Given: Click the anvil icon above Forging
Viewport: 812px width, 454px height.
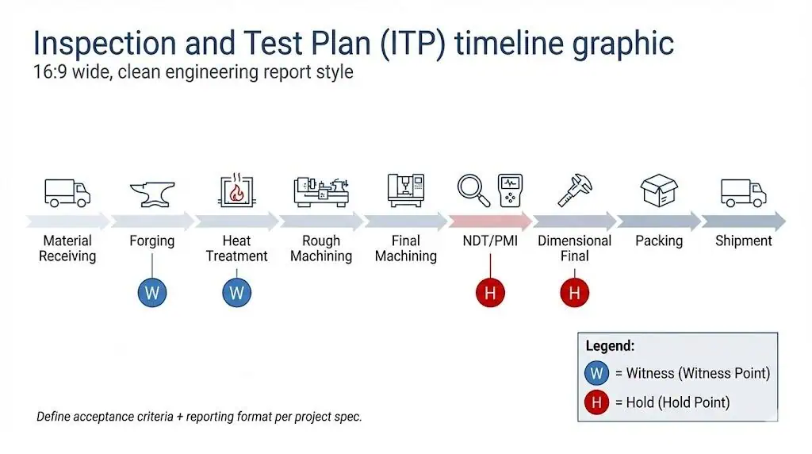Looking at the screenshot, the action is (x=152, y=194).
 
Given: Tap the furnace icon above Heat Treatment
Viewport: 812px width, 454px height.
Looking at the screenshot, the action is (x=236, y=190).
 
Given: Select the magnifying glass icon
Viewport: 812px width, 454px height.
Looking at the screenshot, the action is (x=473, y=190).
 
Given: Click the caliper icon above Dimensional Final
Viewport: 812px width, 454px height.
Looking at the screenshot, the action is (x=575, y=190).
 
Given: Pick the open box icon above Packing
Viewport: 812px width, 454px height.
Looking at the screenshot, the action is (x=659, y=190).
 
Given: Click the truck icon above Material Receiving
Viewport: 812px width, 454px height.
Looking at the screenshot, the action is (x=67, y=193).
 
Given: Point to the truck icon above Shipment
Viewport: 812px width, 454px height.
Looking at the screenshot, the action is (x=743, y=193).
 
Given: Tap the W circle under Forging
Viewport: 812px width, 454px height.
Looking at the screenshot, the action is (x=152, y=293).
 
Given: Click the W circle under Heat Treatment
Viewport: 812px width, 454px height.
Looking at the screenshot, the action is (x=236, y=293).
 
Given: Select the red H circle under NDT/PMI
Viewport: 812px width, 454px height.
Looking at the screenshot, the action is (x=490, y=293).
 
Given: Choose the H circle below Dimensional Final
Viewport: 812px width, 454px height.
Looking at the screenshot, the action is (x=574, y=293).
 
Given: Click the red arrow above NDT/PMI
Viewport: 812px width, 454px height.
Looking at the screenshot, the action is (x=490, y=221).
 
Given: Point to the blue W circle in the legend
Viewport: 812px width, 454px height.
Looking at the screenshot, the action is (x=596, y=373).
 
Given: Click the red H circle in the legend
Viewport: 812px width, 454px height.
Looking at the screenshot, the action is (x=596, y=402).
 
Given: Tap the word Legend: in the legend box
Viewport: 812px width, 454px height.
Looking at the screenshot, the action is (x=610, y=346).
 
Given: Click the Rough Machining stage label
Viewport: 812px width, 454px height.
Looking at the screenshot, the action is (x=321, y=248).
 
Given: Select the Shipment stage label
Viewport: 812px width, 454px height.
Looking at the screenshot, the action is (x=743, y=241).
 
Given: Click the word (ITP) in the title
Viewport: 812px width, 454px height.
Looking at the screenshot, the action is (x=412, y=44).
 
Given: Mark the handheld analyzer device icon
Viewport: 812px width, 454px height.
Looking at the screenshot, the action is (x=510, y=190).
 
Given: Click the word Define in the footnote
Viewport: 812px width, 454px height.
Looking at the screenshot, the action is (x=53, y=417).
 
